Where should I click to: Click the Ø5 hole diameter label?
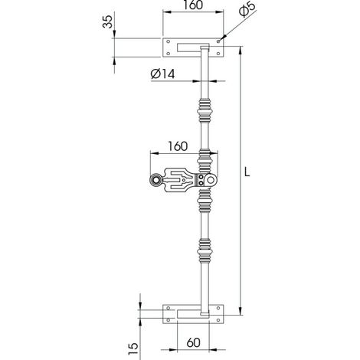[x=247, y=9]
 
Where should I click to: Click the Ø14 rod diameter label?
[x=162, y=74]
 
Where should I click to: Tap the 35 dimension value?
[x=107, y=21]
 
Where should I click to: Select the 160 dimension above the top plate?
[x=193, y=5]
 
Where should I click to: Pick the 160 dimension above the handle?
[x=178, y=146]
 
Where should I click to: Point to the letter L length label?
[x=247, y=172]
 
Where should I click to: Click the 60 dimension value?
[x=193, y=343]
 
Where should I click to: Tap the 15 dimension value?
[x=133, y=349]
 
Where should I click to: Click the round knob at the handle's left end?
[x=155, y=180]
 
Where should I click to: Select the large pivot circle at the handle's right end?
[x=211, y=180]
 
